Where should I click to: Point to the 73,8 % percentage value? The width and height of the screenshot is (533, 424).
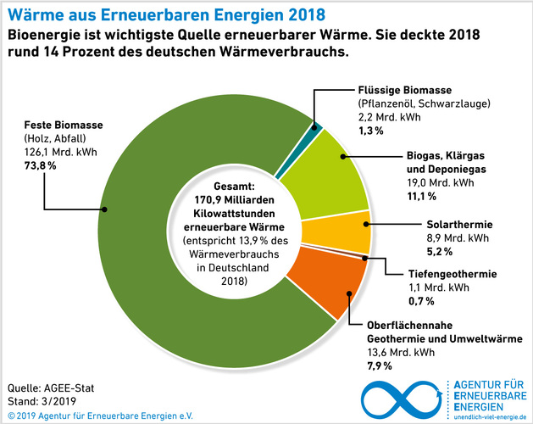[41, 165]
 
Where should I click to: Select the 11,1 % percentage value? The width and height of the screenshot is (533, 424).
[421, 196]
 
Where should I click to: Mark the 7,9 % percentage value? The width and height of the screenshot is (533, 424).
[379, 365]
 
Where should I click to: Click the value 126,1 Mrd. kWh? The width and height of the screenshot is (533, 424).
[54, 153]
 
